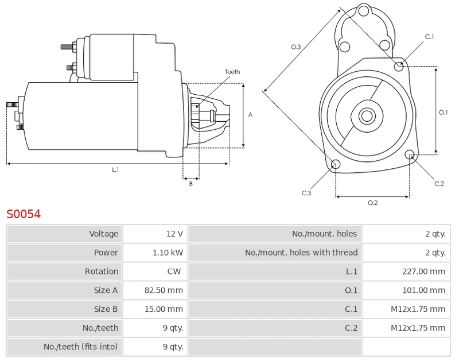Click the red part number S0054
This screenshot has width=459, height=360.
[x=24, y=214]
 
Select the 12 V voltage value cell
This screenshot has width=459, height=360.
[x=174, y=234]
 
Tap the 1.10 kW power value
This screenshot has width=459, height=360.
[x=168, y=253]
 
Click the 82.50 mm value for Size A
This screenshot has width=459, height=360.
[x=164, y=291]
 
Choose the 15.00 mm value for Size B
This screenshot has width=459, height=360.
[x=164, y=309]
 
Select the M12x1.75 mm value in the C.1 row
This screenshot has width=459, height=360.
[x=418, y=309]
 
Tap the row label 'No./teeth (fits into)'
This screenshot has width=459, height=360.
[x=80, y=347]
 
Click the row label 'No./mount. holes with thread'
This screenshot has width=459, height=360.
[x=301, y=253]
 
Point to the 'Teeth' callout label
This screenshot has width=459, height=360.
[x=232, y=72]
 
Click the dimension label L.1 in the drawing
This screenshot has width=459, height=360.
[x=115, y=170]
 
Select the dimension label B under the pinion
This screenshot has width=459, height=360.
[x=191, y=184]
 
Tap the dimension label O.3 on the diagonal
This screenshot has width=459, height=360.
[x=296, y=47]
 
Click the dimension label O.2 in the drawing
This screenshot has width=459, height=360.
[x=372, y=203]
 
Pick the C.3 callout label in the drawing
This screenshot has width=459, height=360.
[x=306, y=193]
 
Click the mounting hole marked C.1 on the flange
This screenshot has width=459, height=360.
[x=399, y=66]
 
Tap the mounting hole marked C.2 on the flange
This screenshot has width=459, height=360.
[x=410, y=154]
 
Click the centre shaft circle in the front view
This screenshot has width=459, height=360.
[x=366, y=116]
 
